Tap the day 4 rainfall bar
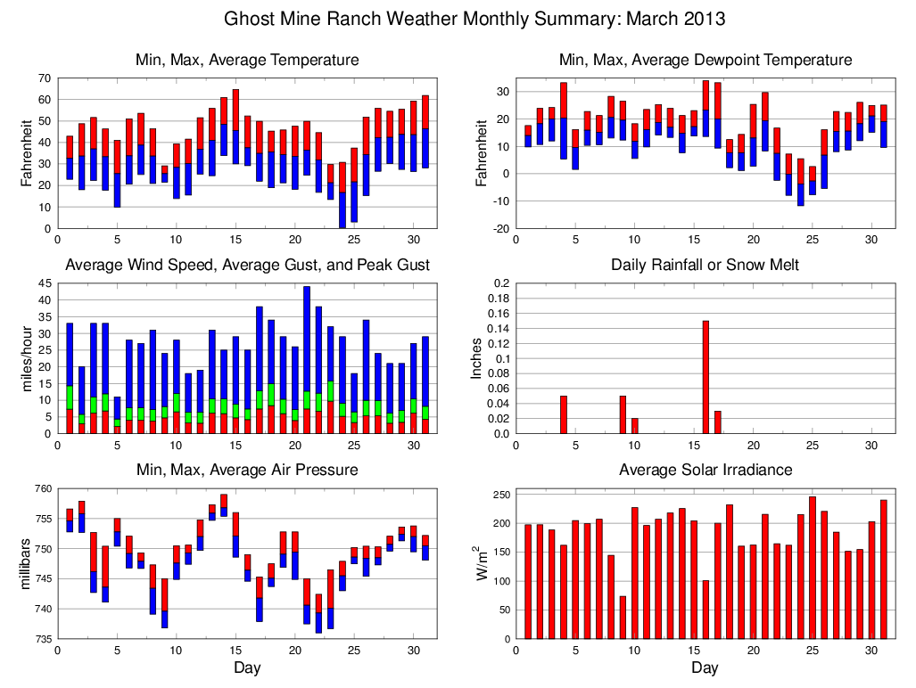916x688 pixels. pos(564,414)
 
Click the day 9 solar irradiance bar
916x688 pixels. pos(623,617)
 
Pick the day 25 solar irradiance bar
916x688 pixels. pos(813,568)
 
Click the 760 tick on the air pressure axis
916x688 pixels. pos(41,488)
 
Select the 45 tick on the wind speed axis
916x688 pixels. pos(44,283)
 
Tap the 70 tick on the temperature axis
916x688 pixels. pos(44,78)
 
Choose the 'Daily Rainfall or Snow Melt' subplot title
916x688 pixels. pos(705,265)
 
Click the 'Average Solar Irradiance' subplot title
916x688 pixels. pos(705,470)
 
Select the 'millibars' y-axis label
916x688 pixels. pos(26,563)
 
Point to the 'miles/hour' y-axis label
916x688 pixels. pos(26,358)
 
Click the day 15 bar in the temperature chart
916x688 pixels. pos(235,127)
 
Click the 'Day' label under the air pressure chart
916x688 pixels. pos(247,668)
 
